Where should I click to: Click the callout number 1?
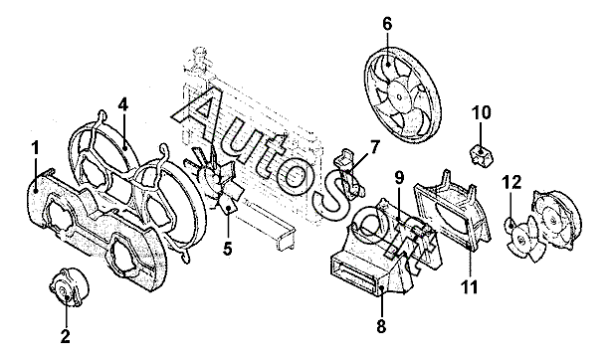coord(36,149)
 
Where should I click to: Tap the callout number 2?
coord(65,336)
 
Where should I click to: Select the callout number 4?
coord(123,104)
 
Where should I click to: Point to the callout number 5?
coord(228,248)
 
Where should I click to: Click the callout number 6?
coord(387,24)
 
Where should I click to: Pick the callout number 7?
coord(373,148)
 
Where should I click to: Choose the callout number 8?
coord(381,326)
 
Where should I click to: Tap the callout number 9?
coord(399,178)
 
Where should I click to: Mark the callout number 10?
coord(482,112)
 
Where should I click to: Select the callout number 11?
coord(469,287)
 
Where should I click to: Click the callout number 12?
coord(511,182)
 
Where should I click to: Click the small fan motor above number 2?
coord(69,287)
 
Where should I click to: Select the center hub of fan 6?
coord(399,96)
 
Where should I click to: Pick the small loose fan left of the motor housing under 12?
coord(522,238)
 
